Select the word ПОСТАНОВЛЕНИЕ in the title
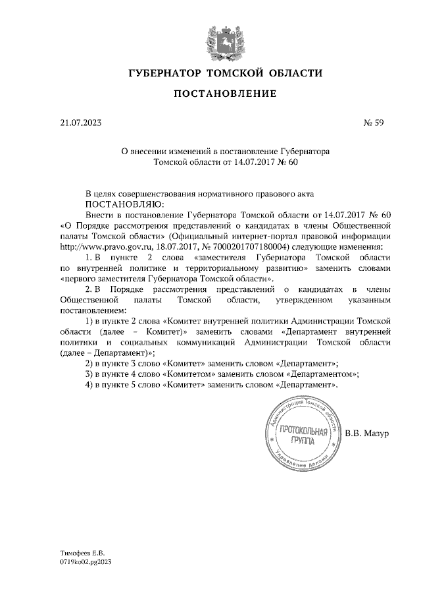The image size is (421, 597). (x=225, y=95)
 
